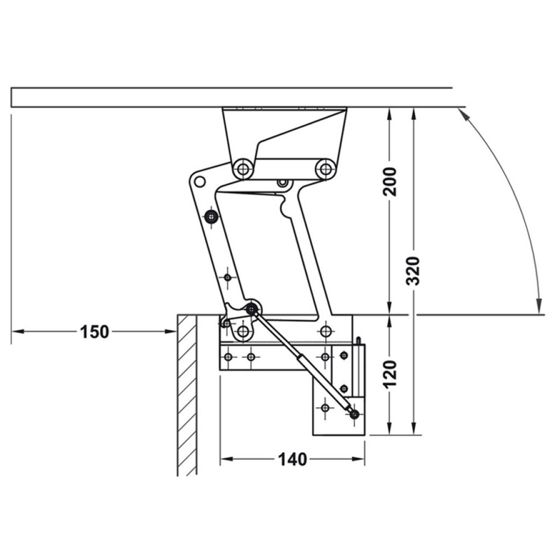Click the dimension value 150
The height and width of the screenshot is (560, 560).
click(94, 332)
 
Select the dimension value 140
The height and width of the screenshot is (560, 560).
click(293, 459)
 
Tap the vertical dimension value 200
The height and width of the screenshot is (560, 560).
click(389, 182)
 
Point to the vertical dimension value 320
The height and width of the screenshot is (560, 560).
click(413, 271)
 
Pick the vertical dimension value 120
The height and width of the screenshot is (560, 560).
click(389, 374)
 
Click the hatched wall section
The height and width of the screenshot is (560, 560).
click(187, 395)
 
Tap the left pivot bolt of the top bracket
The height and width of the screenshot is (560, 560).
click(243, 168)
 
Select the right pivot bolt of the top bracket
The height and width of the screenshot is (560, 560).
click(325, 168)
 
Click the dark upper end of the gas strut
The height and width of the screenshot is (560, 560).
click(252, 310)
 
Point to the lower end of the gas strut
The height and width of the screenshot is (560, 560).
click(354, 415)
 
